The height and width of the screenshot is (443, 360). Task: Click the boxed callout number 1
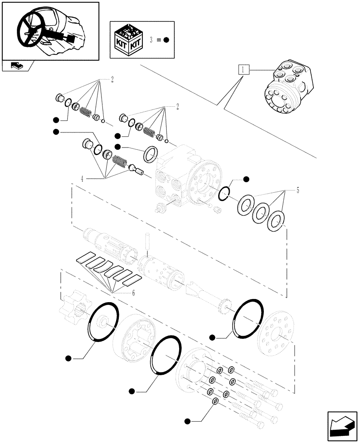click(x=244, y=70)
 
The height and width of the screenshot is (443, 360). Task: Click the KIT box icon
click(x=130, y=40)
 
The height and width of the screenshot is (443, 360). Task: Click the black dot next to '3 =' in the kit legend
click(x=166, y=40)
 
